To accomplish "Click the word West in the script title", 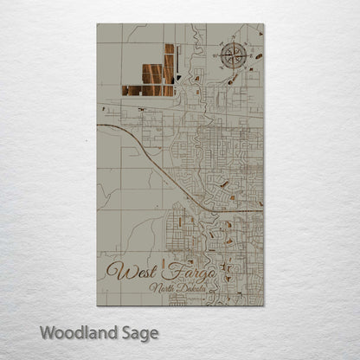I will point(126,272).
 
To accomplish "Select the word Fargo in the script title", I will point(177,272).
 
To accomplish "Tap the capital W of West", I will point(112,272).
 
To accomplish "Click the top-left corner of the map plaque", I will point(97,24).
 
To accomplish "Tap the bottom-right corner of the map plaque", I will point(264,305).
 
